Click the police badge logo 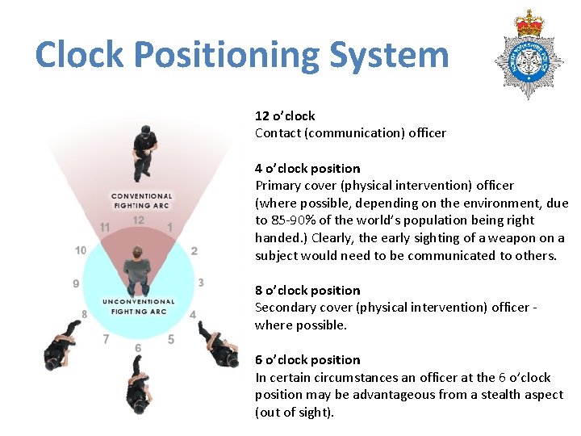529,54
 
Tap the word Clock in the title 79,55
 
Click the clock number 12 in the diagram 138,220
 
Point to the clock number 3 200,283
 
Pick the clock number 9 76,283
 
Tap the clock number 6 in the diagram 138,348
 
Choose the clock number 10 81,250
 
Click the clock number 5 171,340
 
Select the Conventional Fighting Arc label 141,200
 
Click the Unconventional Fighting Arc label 139,306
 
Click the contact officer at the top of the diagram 144,152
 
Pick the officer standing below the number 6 138,383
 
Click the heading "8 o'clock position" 307,291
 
